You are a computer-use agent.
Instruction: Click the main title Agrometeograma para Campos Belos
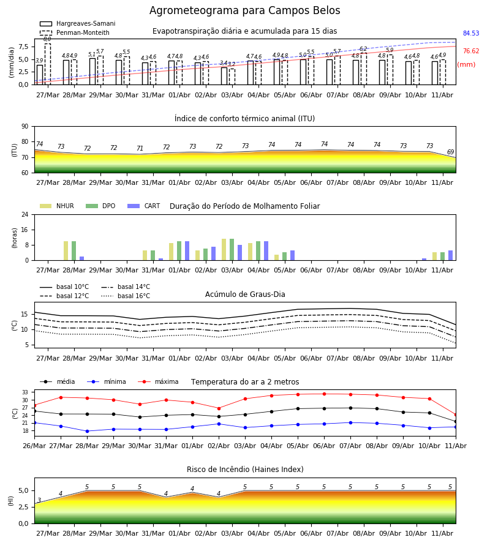[244, 10]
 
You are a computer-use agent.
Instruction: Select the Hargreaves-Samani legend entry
[77, 23]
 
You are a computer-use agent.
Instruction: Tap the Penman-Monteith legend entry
[75, 32]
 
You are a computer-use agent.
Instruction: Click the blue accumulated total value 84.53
[471, 34]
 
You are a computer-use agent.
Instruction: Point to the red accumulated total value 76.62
[471, 51]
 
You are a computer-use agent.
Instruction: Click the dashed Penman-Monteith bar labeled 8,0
[48, 64]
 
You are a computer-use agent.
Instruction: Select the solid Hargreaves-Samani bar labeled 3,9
[40, 75]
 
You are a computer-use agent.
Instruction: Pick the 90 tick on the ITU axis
[25, 126]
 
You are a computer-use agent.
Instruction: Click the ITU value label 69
[450, 152]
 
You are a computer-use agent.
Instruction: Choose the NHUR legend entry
[57, 206]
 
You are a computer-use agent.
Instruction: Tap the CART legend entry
[144, 206]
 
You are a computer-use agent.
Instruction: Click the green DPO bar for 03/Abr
[232, 250]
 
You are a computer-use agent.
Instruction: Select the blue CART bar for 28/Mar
[82, 258]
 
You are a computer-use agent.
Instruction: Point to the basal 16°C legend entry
[126, 296]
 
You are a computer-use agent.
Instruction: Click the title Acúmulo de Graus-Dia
[245, 294]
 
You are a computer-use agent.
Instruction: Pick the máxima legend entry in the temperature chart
[158, 381]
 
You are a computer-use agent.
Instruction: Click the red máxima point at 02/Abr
[219, 408]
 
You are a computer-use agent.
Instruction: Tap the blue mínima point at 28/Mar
[87, 431]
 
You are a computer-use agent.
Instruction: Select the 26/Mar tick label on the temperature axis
[34, 446]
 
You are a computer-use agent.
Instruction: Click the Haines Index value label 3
[39, 500]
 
